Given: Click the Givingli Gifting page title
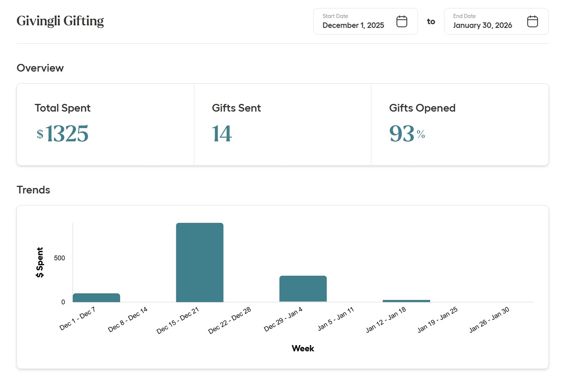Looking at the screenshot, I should [60, 21].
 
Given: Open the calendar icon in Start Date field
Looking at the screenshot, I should [401, 21].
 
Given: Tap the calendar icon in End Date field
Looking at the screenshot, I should [532, 21].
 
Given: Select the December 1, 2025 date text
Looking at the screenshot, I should [353, 25].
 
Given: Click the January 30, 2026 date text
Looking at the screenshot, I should [482, 25].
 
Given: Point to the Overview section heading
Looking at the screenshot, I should [40, 68].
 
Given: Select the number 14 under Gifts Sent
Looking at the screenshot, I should [222, 133].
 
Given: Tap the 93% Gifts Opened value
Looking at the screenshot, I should [407, 133].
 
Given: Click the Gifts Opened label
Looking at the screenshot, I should [422, 108].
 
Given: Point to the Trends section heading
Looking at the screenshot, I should [33, 190].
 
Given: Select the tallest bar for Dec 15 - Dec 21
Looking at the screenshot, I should [199, 262].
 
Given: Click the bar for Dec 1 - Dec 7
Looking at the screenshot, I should [96, 298].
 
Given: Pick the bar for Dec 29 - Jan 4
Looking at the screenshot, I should [303, 289].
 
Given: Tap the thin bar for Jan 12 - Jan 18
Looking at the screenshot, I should [406, 301].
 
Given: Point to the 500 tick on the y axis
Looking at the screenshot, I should [59, 258].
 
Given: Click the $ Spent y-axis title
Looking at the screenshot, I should [40, 262].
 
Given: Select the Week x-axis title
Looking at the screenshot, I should [303, 348].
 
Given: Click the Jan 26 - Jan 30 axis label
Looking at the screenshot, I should [489, 320].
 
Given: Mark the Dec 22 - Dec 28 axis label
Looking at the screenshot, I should [230, 321].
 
